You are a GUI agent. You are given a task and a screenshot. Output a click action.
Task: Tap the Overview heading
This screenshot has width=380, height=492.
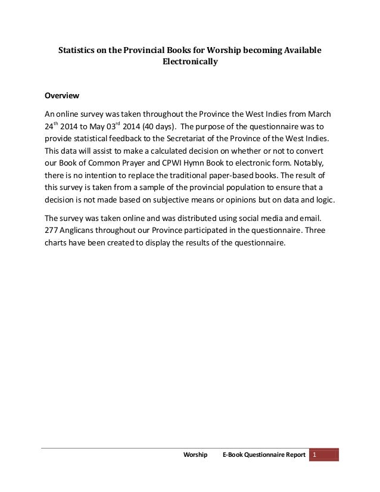(x=63, y=96)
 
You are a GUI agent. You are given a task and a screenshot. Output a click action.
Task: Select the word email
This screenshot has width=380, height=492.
(x=318, y=217)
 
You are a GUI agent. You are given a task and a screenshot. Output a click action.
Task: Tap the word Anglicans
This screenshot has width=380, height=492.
(x=82, y=230)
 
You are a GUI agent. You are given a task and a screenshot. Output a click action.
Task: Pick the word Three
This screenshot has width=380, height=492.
(x=322, y=230)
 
